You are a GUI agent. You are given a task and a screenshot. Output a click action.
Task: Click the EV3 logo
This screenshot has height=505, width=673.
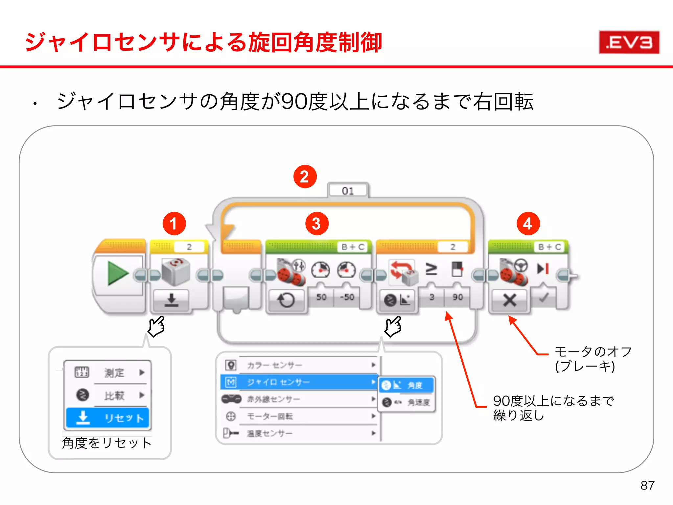629,42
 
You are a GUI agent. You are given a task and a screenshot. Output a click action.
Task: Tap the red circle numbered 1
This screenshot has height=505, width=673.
174,224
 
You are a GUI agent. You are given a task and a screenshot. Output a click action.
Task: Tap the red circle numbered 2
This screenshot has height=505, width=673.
305,177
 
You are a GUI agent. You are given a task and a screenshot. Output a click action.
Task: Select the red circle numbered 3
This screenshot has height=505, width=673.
316,224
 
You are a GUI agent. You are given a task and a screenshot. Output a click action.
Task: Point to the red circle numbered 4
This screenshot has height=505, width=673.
528,224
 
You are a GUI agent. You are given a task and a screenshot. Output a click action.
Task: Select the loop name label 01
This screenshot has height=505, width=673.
348,191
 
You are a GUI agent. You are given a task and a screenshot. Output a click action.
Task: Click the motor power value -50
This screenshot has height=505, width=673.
347,297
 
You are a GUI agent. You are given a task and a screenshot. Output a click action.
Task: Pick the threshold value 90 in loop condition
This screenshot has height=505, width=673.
457,297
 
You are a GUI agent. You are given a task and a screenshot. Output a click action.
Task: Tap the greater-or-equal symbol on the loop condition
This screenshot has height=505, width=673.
431,269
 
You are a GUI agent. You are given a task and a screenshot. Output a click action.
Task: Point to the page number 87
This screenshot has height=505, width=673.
647,485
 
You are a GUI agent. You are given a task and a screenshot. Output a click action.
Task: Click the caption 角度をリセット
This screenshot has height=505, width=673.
107,443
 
